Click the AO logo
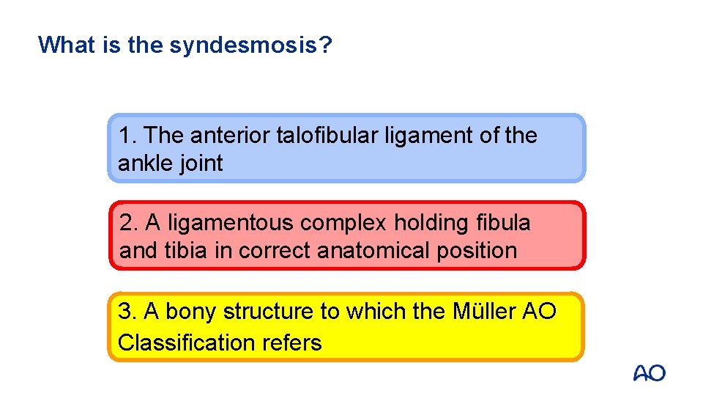tap(649, 373)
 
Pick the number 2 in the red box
tap(126, 222)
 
